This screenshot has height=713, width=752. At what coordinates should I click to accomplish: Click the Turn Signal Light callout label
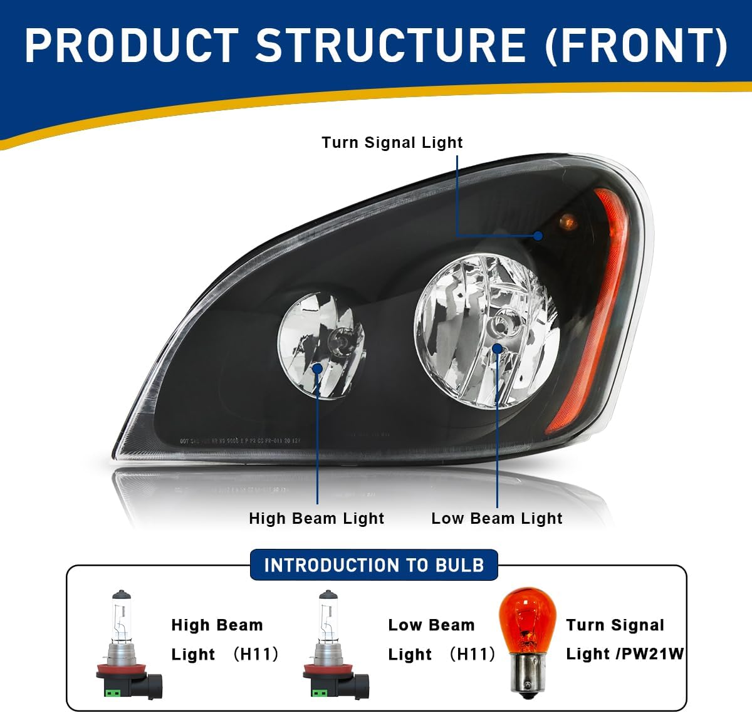(392, 143)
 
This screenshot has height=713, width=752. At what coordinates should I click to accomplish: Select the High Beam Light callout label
(316, 519)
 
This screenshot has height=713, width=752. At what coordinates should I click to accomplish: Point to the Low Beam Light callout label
(497, 519)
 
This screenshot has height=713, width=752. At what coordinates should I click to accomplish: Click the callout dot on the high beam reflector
(317, 368)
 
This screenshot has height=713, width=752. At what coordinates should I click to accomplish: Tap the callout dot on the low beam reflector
(497, 348)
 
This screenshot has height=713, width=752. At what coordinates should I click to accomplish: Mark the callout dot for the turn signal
(538, 236)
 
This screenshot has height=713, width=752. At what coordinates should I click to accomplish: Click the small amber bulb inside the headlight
(567, 221)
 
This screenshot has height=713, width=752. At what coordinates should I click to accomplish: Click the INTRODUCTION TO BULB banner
(374, 565)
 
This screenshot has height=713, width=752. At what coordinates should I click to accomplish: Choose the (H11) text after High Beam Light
(256, 654)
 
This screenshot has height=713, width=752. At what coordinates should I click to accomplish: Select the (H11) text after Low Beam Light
(473, 654)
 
